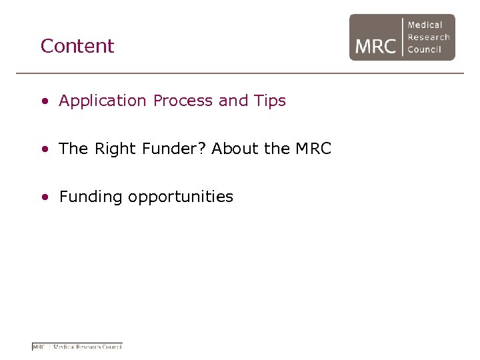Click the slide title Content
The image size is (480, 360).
pos(77,46)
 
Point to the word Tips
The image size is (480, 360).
pos(270,101)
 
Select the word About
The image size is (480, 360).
pos(235,149)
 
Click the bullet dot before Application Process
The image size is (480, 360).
pos(44,102)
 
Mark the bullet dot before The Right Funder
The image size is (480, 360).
pos(44,150)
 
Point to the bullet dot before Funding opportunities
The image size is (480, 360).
pos(44,198)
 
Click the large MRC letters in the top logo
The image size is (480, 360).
pos(375,46)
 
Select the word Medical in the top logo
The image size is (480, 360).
pos(425,25)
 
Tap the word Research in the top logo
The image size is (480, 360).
pos(429,37)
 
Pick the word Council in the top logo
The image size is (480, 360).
pos(425,49)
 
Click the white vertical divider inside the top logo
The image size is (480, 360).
pos(402,37)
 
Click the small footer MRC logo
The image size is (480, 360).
pos(77,347)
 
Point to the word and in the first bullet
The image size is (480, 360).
pos(233,101)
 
